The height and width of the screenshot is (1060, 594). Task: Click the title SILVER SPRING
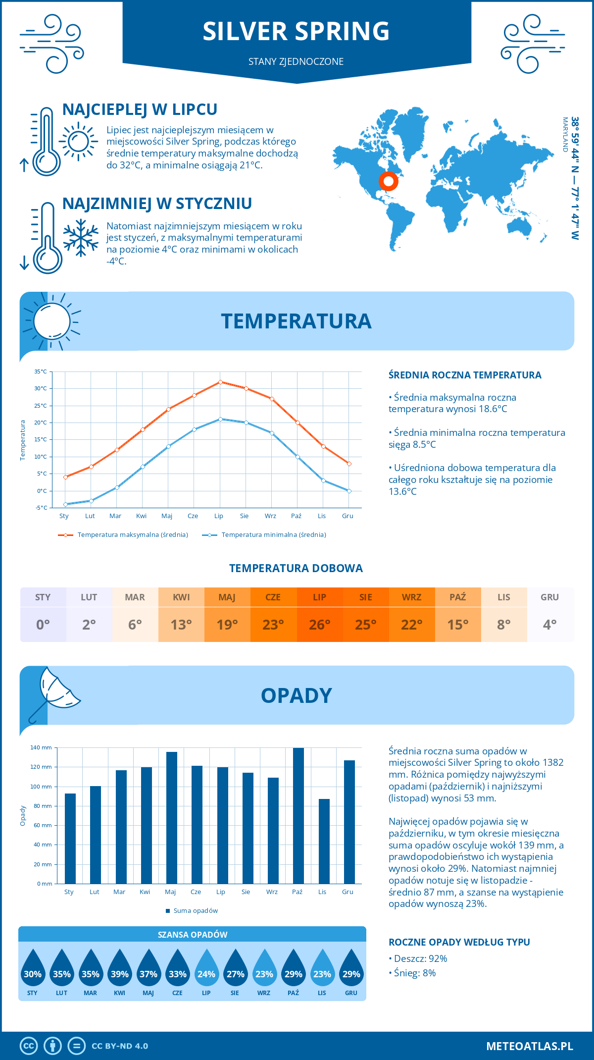(296, 31)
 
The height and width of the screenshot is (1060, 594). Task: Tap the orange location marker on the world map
(389, 181)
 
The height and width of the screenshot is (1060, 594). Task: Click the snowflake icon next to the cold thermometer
(81, 238)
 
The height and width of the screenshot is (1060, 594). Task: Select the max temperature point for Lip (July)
(220, 382)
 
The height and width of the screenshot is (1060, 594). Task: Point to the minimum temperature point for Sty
(65, 504)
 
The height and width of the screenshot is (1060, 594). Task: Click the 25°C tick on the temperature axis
(41, 406)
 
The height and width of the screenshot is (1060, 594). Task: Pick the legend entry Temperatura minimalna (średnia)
(273, 535)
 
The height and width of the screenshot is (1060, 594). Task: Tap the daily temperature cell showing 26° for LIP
(319, 624)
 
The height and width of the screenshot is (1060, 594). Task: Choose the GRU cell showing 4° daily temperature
(549, 624)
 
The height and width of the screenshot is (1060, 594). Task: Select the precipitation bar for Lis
(324, 841)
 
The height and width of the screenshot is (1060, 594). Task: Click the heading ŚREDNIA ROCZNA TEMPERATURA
(465, 375)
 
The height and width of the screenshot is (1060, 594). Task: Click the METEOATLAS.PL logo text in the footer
(529, 1046)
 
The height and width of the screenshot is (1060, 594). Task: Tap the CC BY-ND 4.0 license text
(120, 1046)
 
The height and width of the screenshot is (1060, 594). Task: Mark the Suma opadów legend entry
(195, 911)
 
